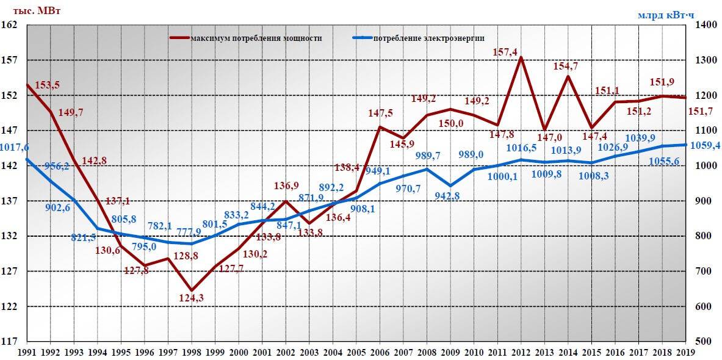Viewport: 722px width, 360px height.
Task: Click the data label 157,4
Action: click(505, 52)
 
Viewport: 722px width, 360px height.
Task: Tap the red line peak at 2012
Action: click(521, 57)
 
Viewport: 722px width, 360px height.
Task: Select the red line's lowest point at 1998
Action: click(191, 290)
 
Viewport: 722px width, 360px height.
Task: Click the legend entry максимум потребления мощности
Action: click(256, 38)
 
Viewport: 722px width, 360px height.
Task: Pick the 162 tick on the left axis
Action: click(11, 25)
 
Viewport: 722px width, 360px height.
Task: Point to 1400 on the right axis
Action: click(703, 25)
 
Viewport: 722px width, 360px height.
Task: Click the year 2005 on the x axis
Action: click(355, 352)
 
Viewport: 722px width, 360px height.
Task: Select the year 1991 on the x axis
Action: click(27, 352)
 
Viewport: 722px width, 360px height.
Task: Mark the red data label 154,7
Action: click(567, 66)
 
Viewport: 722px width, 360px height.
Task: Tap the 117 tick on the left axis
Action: click(11, 342)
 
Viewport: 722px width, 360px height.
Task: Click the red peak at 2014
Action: click(568, 76)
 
